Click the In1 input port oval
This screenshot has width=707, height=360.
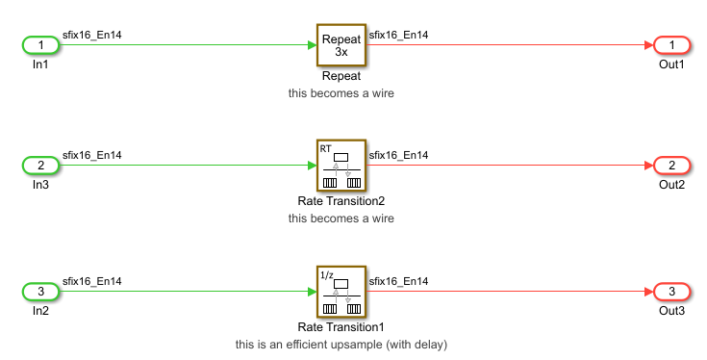40,45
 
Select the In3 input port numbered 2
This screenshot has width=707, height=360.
40,167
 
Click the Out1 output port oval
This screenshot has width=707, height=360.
670,45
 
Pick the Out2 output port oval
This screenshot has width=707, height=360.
670,167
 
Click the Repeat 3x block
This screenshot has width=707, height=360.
341,45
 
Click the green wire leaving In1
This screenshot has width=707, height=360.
183,45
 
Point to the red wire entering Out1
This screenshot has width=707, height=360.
510,45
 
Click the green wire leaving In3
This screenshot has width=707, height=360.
183,167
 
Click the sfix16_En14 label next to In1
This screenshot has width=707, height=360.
92,35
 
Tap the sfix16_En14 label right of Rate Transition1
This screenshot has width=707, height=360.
398,281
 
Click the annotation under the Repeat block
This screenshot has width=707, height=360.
341,94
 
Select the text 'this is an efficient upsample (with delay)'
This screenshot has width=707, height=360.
341,344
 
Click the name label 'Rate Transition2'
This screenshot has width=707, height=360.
341,201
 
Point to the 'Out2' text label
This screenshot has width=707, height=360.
670,185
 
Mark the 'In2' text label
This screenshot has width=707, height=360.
40,310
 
